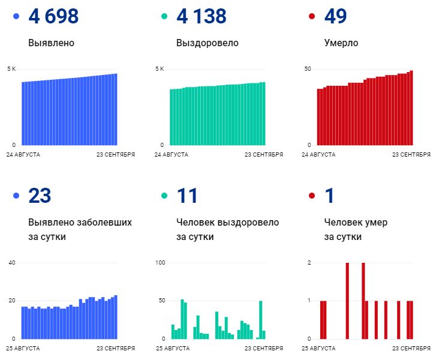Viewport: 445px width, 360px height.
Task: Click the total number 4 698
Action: click(x=53, y=17)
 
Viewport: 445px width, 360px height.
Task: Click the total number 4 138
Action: click(x=202, y=17)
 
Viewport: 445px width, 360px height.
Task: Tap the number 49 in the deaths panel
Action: click(x=335, y=17)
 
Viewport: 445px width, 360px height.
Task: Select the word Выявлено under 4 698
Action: click(x=51, y=43)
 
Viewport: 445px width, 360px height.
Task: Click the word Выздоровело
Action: click(x=207, y=43)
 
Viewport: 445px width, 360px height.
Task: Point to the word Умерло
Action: click(x=341, y=43)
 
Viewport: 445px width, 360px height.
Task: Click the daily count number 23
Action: click(x=40, y=196)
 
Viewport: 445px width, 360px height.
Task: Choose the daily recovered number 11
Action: click(x=187, y=196)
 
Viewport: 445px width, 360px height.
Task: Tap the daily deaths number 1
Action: click(x=329, y=196)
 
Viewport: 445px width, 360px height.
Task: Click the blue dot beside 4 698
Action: click(x=16, y=17)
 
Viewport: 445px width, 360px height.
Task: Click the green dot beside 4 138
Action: click(x=164, y=17)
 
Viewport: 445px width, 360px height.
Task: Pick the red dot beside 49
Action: click(x=312, y=17)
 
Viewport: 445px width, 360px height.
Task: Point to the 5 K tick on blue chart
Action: click(x=11, y=69)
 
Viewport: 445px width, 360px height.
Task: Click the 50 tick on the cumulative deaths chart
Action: click(x=307, y=69)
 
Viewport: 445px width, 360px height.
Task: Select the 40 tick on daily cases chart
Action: click(x=11, y=263)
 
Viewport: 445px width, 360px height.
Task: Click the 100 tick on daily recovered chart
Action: click(x=160, y=263)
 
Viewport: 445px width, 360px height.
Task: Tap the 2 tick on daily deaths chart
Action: click(x=309, y=263)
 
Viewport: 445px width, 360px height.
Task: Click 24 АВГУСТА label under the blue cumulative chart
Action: click(x=23, y=155)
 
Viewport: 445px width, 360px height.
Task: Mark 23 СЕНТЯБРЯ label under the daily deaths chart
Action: click(x=411, y=348)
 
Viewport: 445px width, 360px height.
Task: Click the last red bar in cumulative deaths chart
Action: click(x=411, y=108)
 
